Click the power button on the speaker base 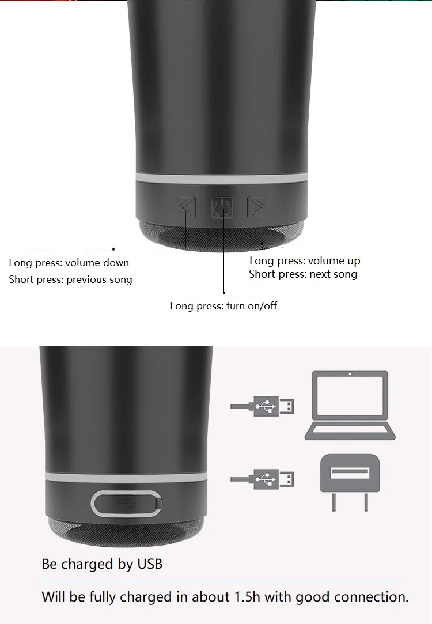(222, 207)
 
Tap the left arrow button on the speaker (187, 207)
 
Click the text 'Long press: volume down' (69, 263)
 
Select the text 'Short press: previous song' (70, 279)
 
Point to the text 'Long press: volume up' (305, 260)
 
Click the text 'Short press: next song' (303, 274)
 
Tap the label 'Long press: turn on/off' (223, 305)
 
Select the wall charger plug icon (350, 481)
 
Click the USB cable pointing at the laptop (263, 406)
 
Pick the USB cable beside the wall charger (263, 478)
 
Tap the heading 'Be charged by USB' (102, 564)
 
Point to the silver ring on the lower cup (126, 477)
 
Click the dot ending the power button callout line (223, 293)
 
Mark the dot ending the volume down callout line (113, 249)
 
